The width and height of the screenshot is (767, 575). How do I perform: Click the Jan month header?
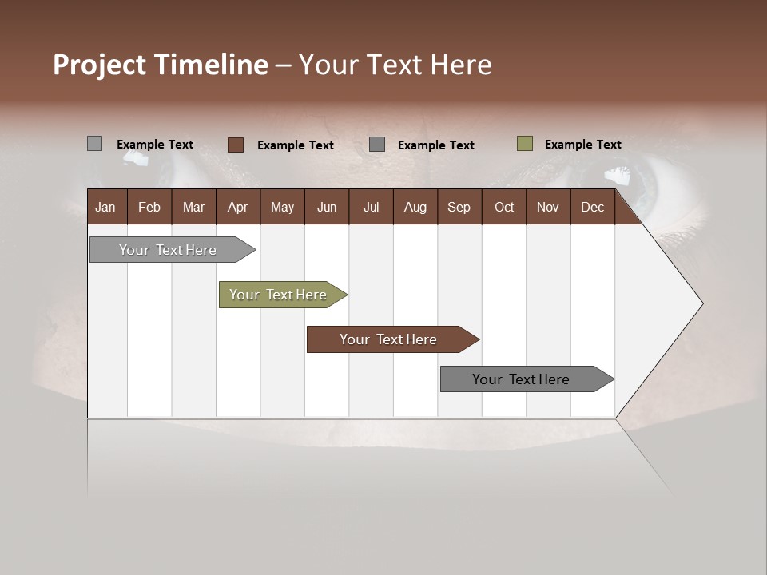pos(106,207)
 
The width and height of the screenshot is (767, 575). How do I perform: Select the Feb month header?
pos(149,207)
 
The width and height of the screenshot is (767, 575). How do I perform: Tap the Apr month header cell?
pos(237,207)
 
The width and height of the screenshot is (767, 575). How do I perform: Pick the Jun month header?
pos(326,207)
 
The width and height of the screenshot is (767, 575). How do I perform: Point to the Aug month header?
pos(415,207)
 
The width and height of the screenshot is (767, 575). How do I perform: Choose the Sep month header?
pos(459,207)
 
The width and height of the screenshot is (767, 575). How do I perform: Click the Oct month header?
pos(503,207)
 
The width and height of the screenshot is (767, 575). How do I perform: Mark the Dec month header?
pos(592,207)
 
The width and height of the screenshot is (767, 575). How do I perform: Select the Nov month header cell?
pos(547,207)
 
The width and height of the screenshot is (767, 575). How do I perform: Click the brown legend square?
pos(236,145)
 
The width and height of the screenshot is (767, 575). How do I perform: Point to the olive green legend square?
pos(525,144)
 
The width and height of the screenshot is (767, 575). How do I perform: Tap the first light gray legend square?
pos(95,144)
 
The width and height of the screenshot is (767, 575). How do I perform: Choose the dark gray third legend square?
pos(377,145)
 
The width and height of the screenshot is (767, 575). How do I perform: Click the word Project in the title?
pos(100,65)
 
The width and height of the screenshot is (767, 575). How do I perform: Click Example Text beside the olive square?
pos(582,145)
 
